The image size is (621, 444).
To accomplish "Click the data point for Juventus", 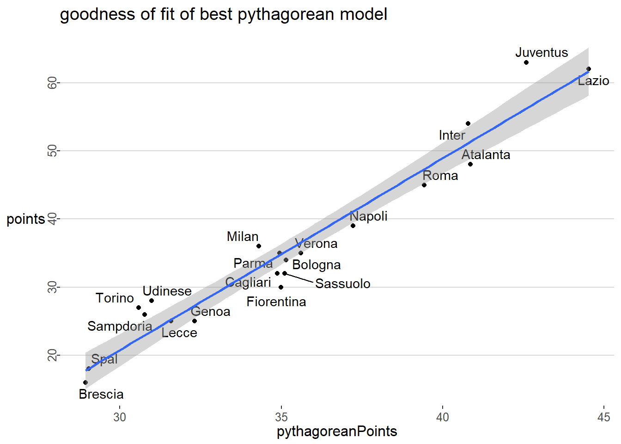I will tap(526, 62).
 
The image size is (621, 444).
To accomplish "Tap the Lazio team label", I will tap(593, 81).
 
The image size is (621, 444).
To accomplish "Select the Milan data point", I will tap(259, 246).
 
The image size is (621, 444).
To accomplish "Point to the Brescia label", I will tap(101, 395).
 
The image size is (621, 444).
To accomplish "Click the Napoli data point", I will tap(353, 226).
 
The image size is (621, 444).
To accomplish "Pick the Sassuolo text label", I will tap(343, 284).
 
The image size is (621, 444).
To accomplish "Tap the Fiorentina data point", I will tap(281, 287).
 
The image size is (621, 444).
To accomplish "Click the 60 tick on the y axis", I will tap(53, 83).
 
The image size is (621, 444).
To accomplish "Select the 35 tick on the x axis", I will tap(281, 417).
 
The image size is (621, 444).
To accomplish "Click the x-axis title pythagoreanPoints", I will tap(337, 432).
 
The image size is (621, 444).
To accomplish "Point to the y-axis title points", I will tap(26, 219).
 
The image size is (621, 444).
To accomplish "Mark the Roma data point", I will tap(424, 185).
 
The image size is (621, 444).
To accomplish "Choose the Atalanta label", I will tap(486, 155).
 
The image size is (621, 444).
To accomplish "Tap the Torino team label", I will tap(115, 298).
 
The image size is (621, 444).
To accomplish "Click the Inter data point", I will tap(468, 123).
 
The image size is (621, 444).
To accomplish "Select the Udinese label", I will tap(167, 291).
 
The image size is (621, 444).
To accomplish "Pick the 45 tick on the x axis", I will tap(603, 417).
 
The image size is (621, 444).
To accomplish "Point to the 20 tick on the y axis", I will tap(53, 355).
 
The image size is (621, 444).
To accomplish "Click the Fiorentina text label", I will tap(276, 302).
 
